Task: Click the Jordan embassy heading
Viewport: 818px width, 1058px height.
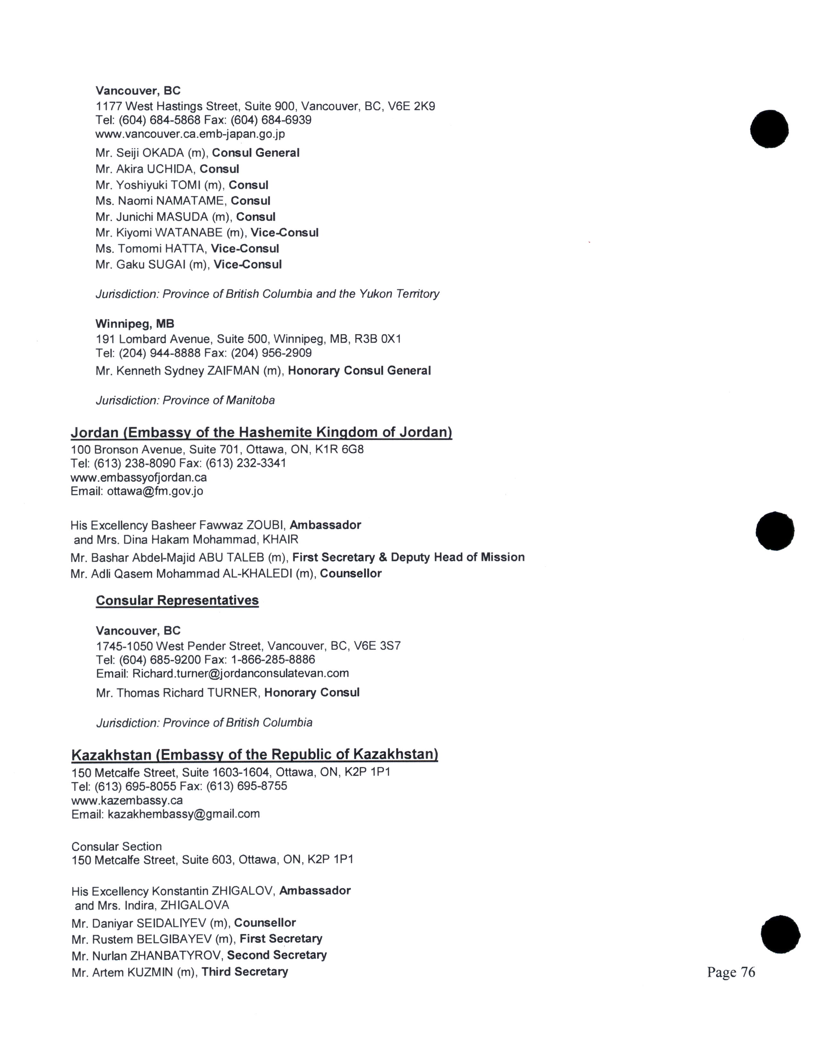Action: click(261, 432)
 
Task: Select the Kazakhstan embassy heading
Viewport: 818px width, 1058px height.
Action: click(254, 754)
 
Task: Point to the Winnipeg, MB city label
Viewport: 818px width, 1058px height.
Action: click(135, 323)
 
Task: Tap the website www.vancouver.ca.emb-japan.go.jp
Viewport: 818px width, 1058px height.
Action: click(190, 134)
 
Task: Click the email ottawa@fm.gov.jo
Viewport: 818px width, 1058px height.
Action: click(155, 491)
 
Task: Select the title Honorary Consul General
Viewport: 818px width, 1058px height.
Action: click(359, 371)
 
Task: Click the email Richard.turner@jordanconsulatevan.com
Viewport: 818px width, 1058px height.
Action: click(240, 673)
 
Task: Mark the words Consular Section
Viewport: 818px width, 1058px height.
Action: click(116, 846)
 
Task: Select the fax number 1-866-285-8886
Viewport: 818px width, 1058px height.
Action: click(273, 660)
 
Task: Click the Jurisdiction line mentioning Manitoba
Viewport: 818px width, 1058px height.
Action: click(185, 401)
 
